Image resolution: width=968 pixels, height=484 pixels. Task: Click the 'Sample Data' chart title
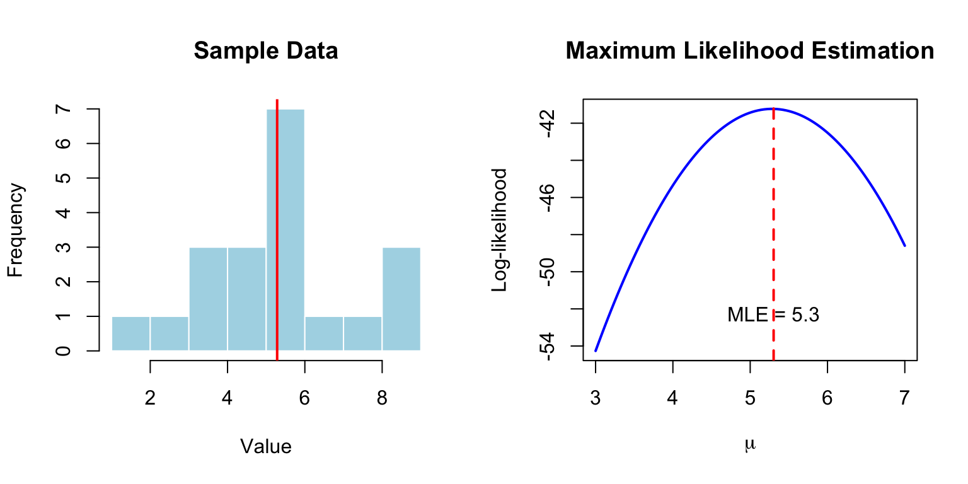[x=266, y=51]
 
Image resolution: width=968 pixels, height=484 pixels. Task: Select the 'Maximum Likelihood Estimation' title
[x=750, y=51]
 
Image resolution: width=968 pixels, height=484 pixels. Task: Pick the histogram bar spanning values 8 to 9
[x=401, y=299]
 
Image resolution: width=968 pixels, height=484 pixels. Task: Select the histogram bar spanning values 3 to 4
[x=208, y=299]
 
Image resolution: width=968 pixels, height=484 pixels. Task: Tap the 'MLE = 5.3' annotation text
[x=773, y=314]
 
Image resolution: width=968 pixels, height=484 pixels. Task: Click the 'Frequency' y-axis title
[x=16, y=230]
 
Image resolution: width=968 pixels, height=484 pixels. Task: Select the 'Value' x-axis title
[x=266, y=447]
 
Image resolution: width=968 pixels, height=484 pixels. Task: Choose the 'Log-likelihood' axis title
[x=500, y=230]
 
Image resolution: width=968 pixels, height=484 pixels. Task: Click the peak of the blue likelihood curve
[x=773, y=108]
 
